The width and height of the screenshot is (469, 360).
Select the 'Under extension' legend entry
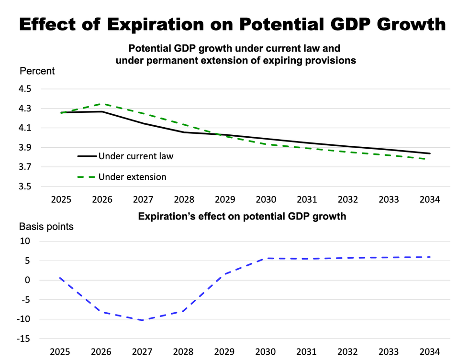pyautogui.click(x=132, y=177)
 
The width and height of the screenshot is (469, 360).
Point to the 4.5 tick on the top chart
pyautogui.click(x=26, y=89)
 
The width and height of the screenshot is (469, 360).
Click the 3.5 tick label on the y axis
pyautogui.click(x=26, y=186)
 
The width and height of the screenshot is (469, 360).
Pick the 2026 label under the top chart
pyautogui.click(x=102, y=199)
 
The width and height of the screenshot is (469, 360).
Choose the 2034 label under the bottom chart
pyautogui.click(x=429, y=352)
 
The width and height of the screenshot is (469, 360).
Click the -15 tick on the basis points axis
pyautogui.click(x=24, y=339)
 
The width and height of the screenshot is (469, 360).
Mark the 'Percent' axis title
pyautogui.click(x=37, y=71)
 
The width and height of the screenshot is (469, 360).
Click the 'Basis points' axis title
pyautogui.click(x=46, y=227)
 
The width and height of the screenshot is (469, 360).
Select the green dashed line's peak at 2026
pyautogui.click(x=102, y=104)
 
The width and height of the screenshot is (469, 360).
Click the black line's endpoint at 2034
pyautogui.click(x=429, y=153)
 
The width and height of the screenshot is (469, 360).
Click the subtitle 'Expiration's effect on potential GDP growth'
pyautogui.click(x=242, y=216)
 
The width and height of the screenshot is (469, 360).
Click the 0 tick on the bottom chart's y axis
pyautogui.click(x=28, y=281)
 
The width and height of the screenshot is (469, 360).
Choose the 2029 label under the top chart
pyautogui.click(x=225, y=199)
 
